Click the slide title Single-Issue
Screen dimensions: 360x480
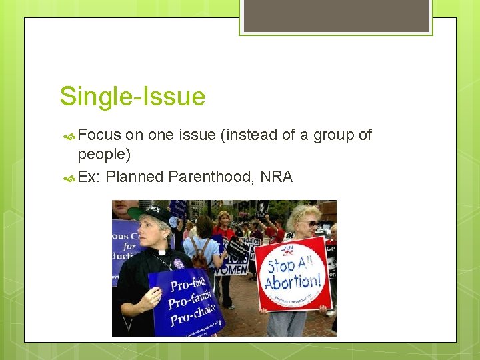click(x=132, y=97)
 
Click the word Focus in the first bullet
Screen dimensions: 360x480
click(x=99, y=135)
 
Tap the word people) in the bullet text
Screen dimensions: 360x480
click(x=104, y=155)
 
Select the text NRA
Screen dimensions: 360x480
click(x=276, y=177)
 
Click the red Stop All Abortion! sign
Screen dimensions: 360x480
click(x=293, y=273)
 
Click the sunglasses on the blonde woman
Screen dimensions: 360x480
click(x=308, y=224)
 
